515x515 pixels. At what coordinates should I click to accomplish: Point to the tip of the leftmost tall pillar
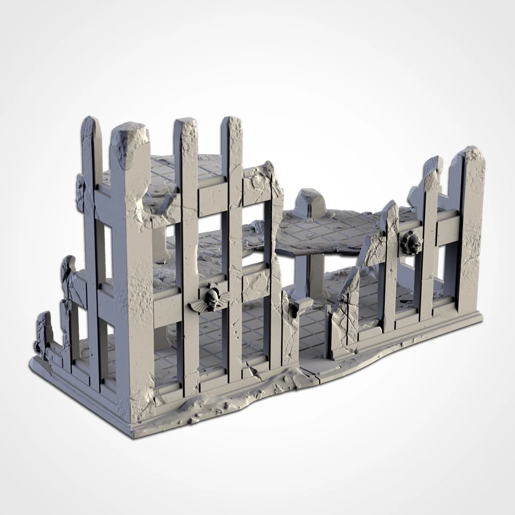point(91,124)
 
